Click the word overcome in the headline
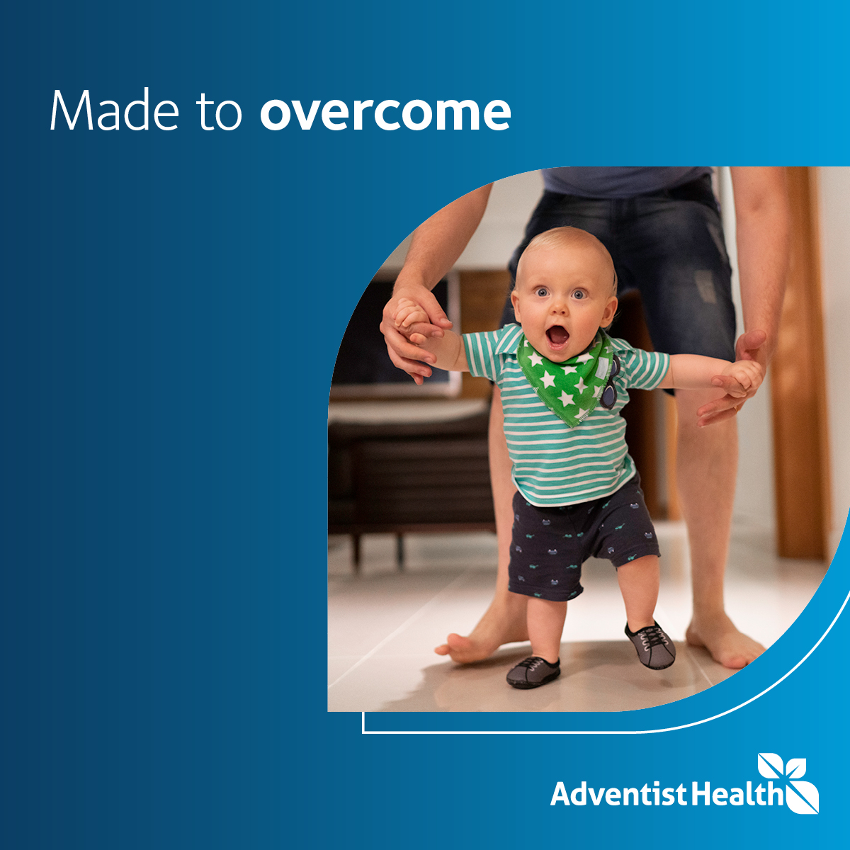point(385,112)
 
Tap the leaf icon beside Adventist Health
point(788,782)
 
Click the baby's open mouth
point(557,336)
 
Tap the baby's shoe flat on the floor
point(533,671)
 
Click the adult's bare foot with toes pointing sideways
point(475,641)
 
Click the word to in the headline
point(219,112)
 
